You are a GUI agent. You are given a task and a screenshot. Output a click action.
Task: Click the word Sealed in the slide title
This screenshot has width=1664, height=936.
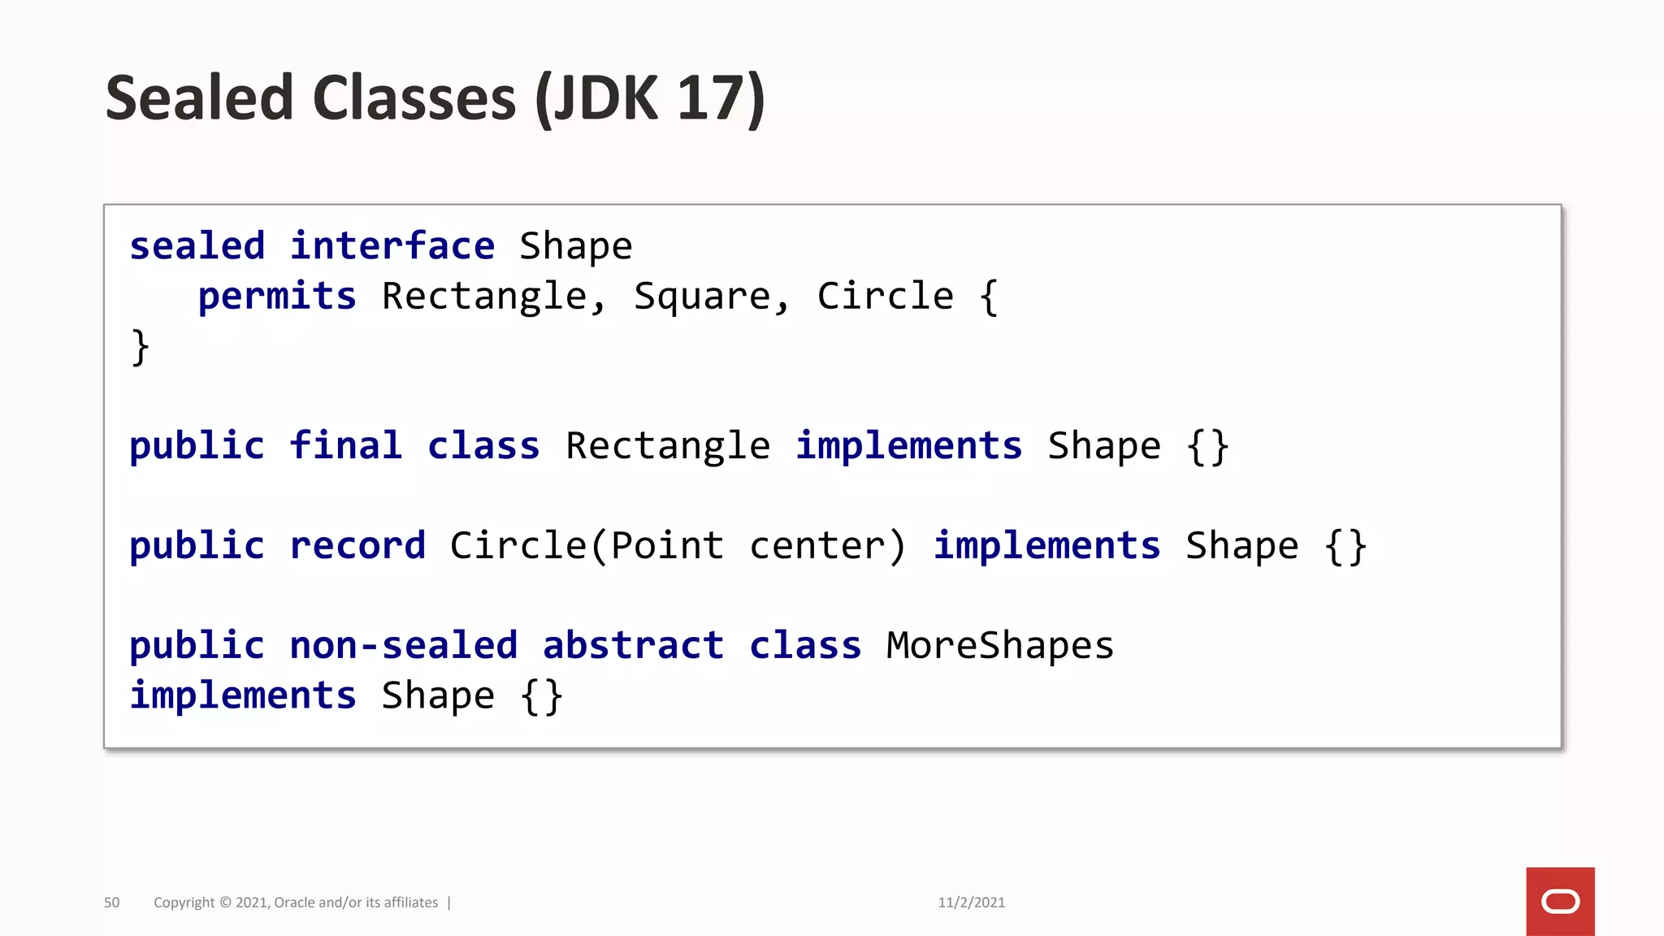[x=199, y=98]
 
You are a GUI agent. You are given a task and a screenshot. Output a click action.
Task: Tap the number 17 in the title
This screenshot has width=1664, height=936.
[x=710, y=98]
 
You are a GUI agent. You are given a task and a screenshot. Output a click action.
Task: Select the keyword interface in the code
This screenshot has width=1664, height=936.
[x=392, y=246]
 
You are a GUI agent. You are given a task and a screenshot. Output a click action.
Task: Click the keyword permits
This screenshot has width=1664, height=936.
[x=277, y=297]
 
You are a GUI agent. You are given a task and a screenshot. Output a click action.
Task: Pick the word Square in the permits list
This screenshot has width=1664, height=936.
[x=701, y=297]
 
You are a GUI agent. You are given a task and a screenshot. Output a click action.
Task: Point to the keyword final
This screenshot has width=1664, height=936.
[x=346, y=446]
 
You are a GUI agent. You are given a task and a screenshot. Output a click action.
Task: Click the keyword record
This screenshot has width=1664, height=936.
[x=357, y=546]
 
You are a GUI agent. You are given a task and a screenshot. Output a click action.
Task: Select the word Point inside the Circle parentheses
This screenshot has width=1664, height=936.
[x=667, y=546]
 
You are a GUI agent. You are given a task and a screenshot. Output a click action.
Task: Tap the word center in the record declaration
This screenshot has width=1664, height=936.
[x=817, y=546]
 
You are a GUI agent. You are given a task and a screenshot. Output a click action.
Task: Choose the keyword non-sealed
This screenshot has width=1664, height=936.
[x=404, y=646]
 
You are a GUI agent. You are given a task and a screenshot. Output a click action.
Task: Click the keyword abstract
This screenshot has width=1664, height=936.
[x=633, y=646]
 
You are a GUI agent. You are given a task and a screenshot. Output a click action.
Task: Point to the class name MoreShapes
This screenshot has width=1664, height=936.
[x=999, y=646]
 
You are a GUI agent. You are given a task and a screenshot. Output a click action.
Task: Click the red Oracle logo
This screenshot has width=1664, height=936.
[x=1560, y=901]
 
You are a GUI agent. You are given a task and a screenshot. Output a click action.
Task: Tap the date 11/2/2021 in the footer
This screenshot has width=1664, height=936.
[x=971, y=903]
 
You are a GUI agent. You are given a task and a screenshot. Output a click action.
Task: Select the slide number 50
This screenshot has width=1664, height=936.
[x=112, y=903]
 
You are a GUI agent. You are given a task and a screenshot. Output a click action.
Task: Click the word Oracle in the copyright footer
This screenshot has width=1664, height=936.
[x=295, y=903]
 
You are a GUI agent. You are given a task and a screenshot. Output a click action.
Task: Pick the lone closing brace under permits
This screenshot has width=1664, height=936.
[x=140, y=348]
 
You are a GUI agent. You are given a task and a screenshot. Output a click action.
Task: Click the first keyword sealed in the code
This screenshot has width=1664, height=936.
[x=197, y=246]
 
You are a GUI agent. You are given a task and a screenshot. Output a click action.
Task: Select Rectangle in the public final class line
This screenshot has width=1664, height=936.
[x=667, y=446]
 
